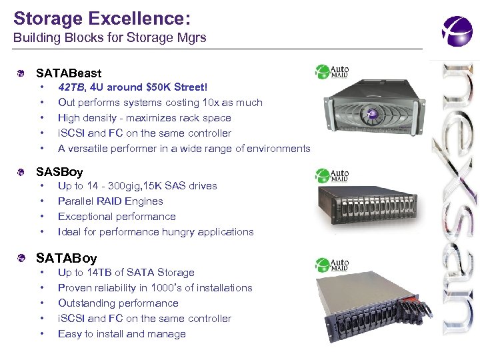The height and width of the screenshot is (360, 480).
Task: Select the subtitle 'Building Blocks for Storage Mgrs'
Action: coord(110,38)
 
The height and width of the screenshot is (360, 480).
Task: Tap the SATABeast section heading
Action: coord(69,73)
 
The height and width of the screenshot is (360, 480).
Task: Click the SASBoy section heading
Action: coord(59,172)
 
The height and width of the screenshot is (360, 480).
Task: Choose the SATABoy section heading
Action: coord(67,258)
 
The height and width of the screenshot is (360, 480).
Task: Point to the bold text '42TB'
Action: coord(71,87)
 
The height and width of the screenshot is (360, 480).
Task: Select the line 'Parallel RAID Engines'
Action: coord(110,201)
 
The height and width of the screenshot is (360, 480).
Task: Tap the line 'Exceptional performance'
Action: coord(117,217)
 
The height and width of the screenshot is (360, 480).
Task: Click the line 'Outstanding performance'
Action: coord(118,303)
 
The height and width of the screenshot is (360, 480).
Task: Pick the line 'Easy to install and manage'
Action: coord(121,334)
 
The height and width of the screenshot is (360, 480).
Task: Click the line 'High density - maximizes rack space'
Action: coord(144,118)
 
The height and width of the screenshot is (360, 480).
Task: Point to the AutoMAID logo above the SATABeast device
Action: coord(332,71)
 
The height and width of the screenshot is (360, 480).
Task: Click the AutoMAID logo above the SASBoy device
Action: coord(332,175)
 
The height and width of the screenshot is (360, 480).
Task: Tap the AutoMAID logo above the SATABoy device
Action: coord(332,263)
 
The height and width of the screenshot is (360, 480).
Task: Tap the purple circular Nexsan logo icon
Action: coord(457,31)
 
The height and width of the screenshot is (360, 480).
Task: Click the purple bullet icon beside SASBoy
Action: coord(23,172)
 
